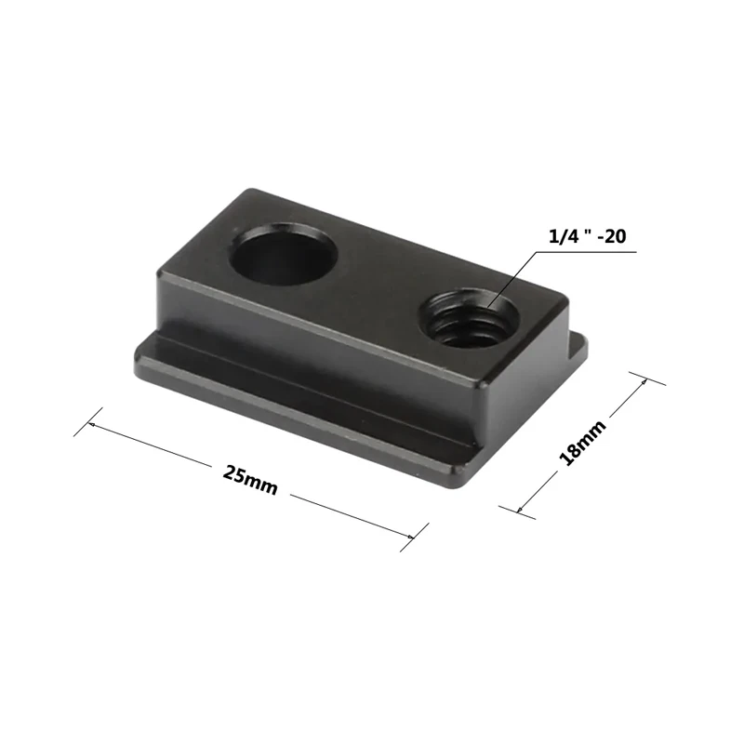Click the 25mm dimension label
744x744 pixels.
pyautogui.click(x=249, y=479)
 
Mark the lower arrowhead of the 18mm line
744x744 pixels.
pyautogui.click(x=521, y=508)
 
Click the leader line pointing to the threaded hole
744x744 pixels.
pyautogui.click(x=507, y=279)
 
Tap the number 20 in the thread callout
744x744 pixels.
pyautogui.click(x=613, y=237)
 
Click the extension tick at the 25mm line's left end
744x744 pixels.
pyautogui.click(x=85, y=427)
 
